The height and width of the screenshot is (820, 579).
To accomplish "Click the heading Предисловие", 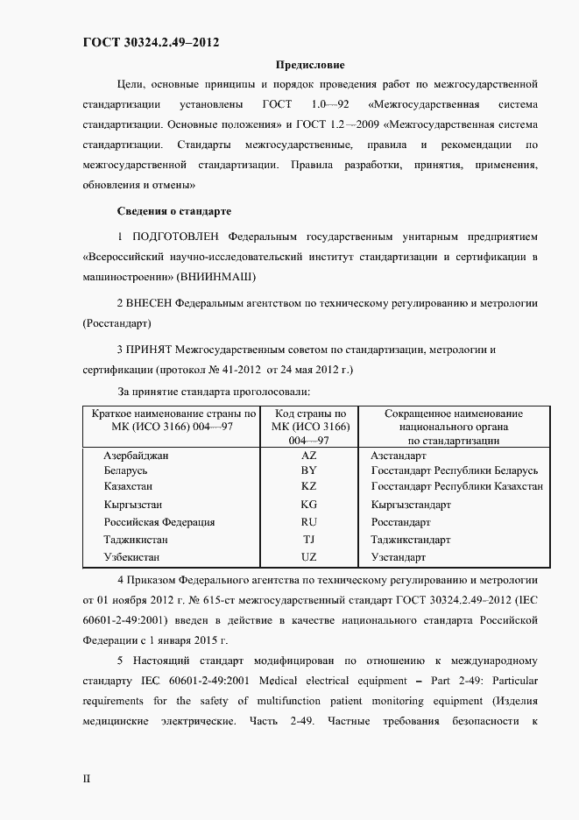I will tap(310, 65).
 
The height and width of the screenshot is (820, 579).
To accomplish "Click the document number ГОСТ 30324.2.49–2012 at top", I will tap(150, 41).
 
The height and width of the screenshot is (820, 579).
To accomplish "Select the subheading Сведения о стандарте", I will tap(173, 211).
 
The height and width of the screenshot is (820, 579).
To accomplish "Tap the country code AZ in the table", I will tap(308, 456).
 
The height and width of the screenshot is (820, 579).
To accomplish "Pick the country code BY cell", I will tap(308, 470).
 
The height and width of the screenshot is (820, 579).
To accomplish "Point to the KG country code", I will tap(308, 505).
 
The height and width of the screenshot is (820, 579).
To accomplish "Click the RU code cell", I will tap(308, 522).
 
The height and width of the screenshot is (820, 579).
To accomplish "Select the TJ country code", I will tap(308, 540).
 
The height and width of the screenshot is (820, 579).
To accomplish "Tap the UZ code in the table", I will tap(308, 557).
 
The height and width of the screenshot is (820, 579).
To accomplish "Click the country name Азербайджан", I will tap(136, 456).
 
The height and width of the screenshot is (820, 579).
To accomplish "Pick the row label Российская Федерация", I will tap(159, 522).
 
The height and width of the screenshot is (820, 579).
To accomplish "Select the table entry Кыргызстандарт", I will tap(411, 505).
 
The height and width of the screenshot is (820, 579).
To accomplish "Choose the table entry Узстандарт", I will tap(399, 557).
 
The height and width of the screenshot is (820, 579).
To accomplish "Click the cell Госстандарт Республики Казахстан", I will tap(456, 485).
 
